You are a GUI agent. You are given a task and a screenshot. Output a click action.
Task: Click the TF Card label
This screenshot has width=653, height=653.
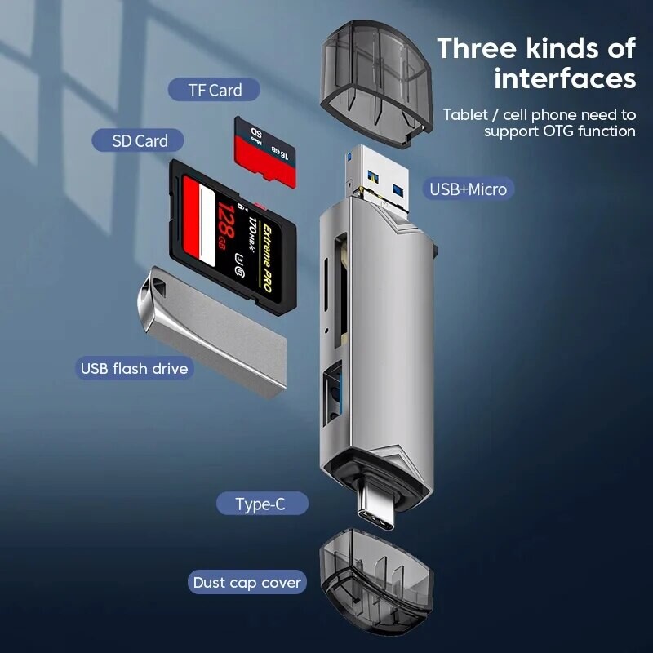click(x=214, y=90)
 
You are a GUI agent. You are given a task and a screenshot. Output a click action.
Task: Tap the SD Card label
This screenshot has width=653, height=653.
click(x=140, y=140)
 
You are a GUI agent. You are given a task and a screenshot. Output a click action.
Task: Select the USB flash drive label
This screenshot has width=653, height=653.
click(x=134, y=368)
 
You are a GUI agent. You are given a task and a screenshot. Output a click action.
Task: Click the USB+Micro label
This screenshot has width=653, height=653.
click(x=469, y=189)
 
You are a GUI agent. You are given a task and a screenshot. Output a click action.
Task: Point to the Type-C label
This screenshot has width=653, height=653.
click(x=260, y=504)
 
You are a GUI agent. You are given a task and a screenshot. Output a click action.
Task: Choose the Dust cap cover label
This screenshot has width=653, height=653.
click(x=247, y=583)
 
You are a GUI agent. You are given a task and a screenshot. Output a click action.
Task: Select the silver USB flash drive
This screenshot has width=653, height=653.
click(x=212, y=331)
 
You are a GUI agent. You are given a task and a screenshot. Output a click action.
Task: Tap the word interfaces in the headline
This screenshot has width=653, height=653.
click(x=565, y=78)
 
